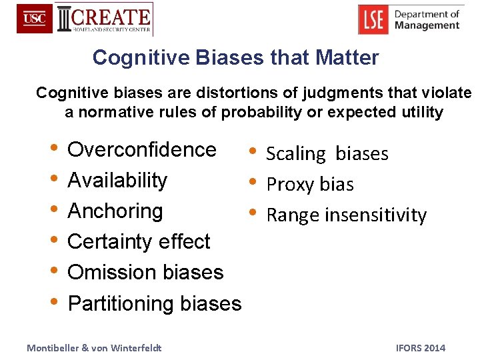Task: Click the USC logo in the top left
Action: pyautogui.click(x=34, y=19)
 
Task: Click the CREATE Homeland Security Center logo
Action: pyautogui.click(x=105, y=19)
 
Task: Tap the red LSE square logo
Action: pyautogui.click(x=373, y=19)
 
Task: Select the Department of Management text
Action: pyautogui.click(x=426, y=19)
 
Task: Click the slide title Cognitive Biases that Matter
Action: pyautogui.click(x=235, y=57)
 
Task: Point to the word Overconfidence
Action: pyautogui.click(x=142, y=149)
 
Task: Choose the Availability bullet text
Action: pyautogui.click(x=117, y=180)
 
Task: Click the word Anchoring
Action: pyautogui.click(x=115, y=211)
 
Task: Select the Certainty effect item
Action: pyautogui.click(x=139, y=241)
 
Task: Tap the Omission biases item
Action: pyautogui.click(x=145, y=272)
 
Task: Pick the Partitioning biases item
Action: pyautogui.click(x=155, y=303)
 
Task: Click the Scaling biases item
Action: pyautogui.click(x=327, y=153)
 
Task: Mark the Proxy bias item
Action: pyautogui.click(x=310, y=184)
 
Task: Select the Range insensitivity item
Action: pyautogui.click(x=346, y=215)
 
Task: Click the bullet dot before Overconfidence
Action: pyautogui.click(x=53, y=149)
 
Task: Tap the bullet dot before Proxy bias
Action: pyautogui.click(x=252, y=183)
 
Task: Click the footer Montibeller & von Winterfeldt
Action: pyautogui.click(x=93, y=347)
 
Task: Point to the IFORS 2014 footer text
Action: pyautogui.click(x=420, y=347)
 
